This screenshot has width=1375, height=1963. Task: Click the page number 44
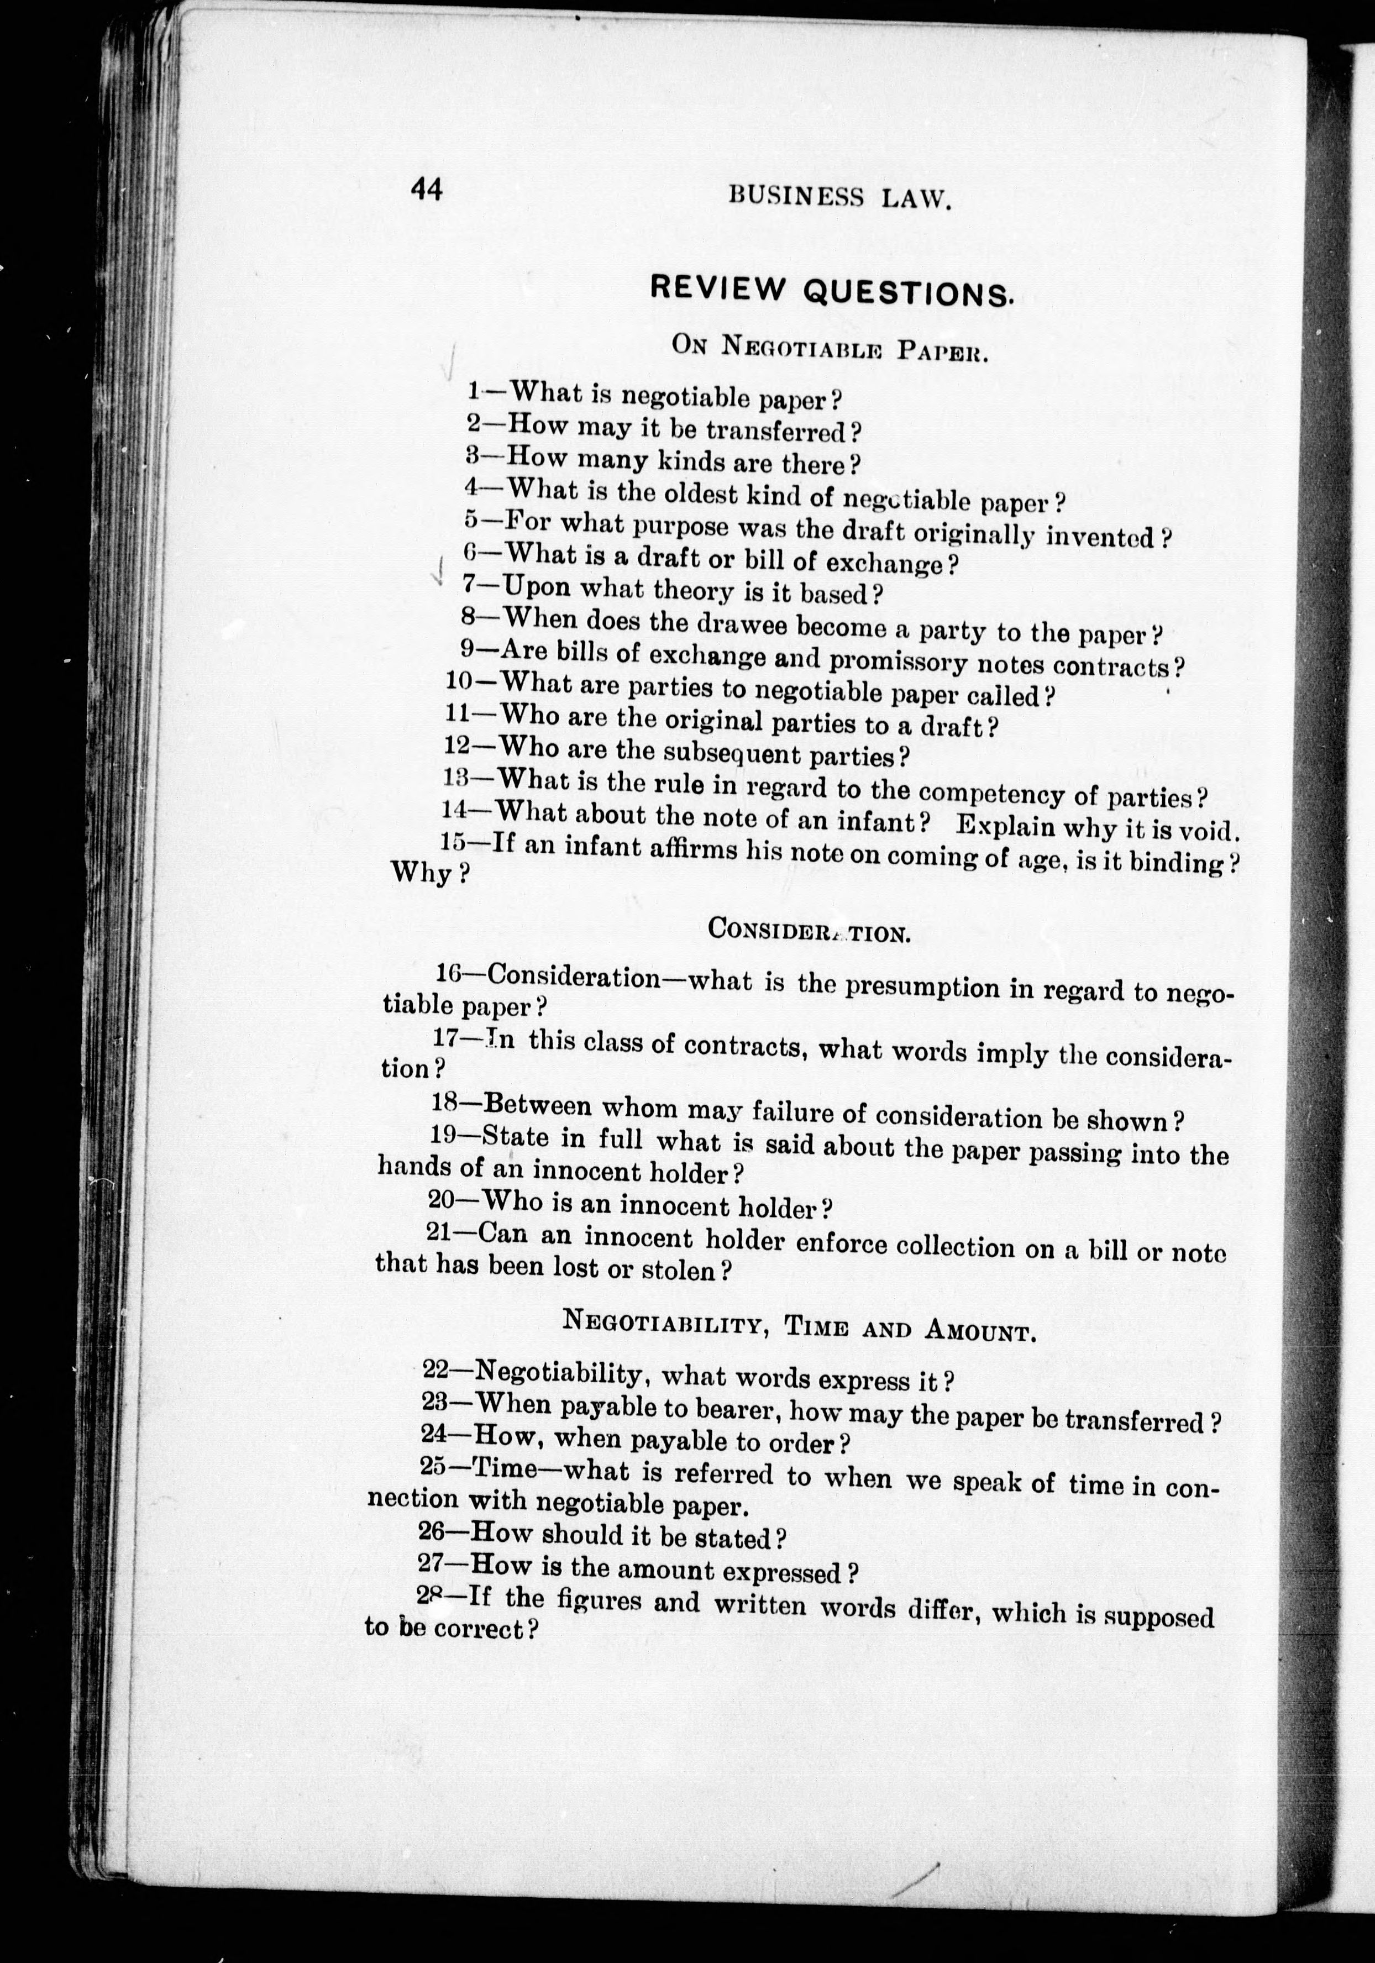tap(426, 190)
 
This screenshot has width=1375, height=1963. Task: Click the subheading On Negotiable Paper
tap(830, 348)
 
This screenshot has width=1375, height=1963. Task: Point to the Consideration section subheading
tap(808, 930)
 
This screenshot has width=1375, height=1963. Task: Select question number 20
tap(442, 1199)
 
